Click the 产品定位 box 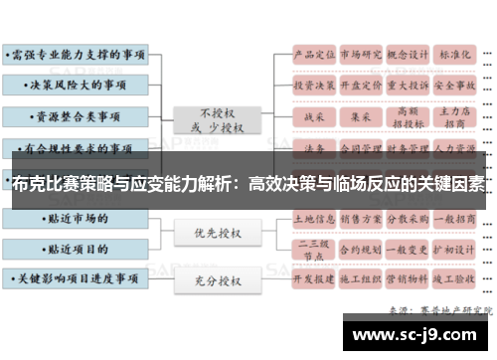click(x=312, y=53)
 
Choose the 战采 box click(x=312, y=117)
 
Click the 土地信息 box click(x=312, y=215)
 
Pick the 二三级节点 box click(x=312, y=248)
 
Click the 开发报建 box click(x=312, y=280)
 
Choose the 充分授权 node click(x=217, y=282)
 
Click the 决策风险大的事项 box click(x=77, y=85)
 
